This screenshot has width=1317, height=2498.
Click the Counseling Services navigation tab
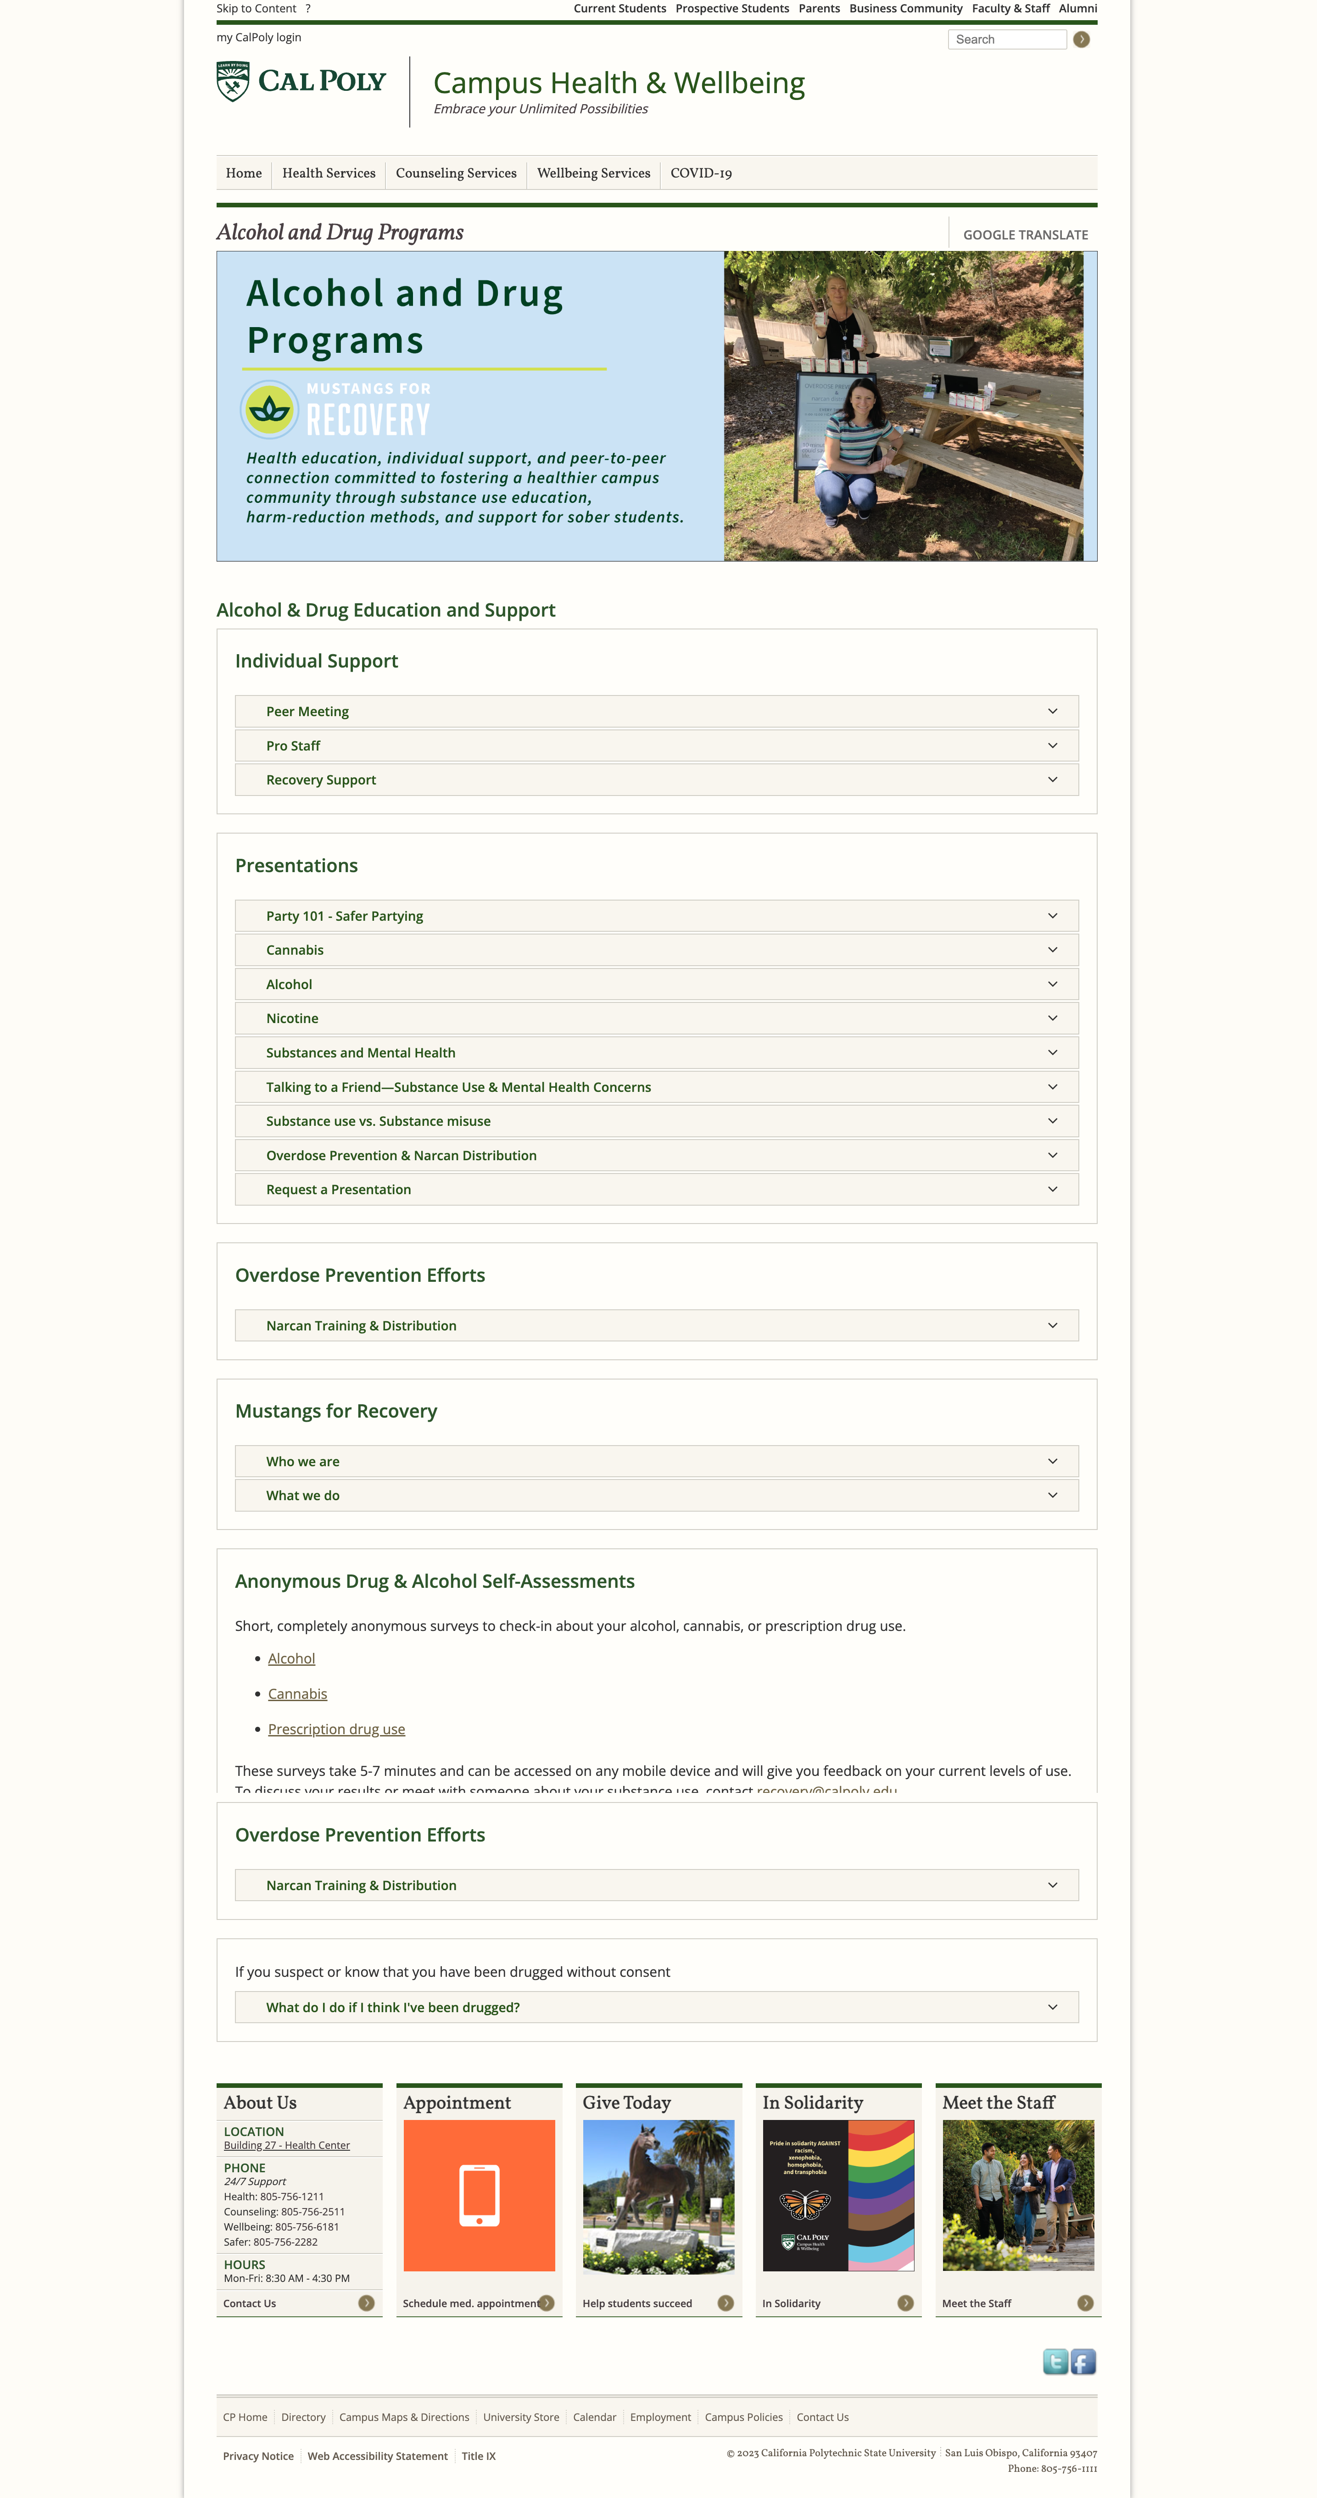pyautogui.click(x=456, y=173)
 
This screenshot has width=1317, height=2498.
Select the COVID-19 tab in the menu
pyautogui.click(x=700, y=173)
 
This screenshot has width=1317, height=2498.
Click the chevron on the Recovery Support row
pyautogui.click(x=1052, y=779)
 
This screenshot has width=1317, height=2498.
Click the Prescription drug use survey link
pyautogui.click(x=336, y=1729)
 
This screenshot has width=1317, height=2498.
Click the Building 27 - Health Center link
pyautogui.click(x=286, y=2145)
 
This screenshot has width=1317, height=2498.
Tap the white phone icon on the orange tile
pyautogui.click(x=479, y=2194)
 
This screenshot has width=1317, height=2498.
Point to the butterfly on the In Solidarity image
pyautogui.click(x=805, y=2205)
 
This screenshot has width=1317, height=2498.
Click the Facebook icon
pyautogui.click(x=1083, y=2361)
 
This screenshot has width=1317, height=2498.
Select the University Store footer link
pyautogui.click(x=521, y=2418)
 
